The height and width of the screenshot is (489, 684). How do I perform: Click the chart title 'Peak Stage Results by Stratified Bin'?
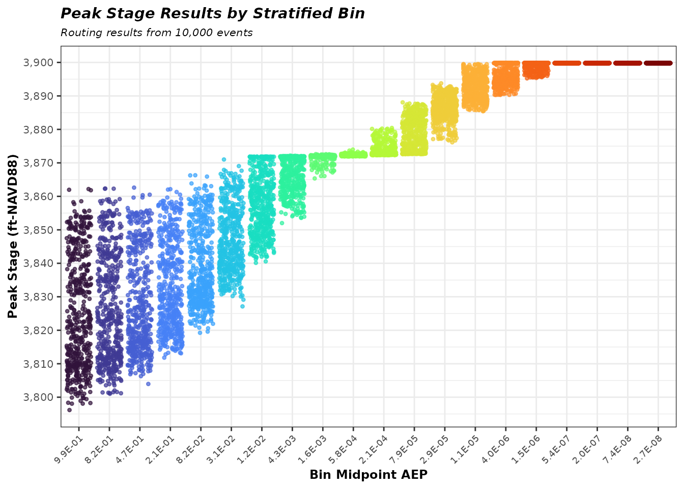tap(213, 14)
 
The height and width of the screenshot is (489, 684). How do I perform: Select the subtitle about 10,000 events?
tap(157, 33)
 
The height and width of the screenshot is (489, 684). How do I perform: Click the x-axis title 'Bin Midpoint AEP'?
tap(368, 475)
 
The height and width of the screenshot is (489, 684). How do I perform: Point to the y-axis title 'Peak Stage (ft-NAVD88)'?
tap(13, 236)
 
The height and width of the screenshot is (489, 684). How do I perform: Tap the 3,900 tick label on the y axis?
tap(38, 63)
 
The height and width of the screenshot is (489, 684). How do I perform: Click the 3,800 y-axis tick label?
tap(38, 397)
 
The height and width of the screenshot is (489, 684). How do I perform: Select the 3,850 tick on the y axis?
tap(38, 230)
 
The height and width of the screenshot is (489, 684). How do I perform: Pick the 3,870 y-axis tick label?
tap(38, 163)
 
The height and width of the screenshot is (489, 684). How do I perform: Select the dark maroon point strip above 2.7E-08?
tap(658, 63)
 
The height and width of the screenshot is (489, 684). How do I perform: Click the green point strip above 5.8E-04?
tap(354, 154)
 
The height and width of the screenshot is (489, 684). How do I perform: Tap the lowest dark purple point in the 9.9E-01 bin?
tap(69, 410)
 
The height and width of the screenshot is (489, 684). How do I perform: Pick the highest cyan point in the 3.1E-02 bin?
tap(224, 159)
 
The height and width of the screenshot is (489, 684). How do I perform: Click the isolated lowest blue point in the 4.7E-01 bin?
tap(148, 384)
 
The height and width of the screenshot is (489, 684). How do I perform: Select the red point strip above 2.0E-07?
tap(597, 63)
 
